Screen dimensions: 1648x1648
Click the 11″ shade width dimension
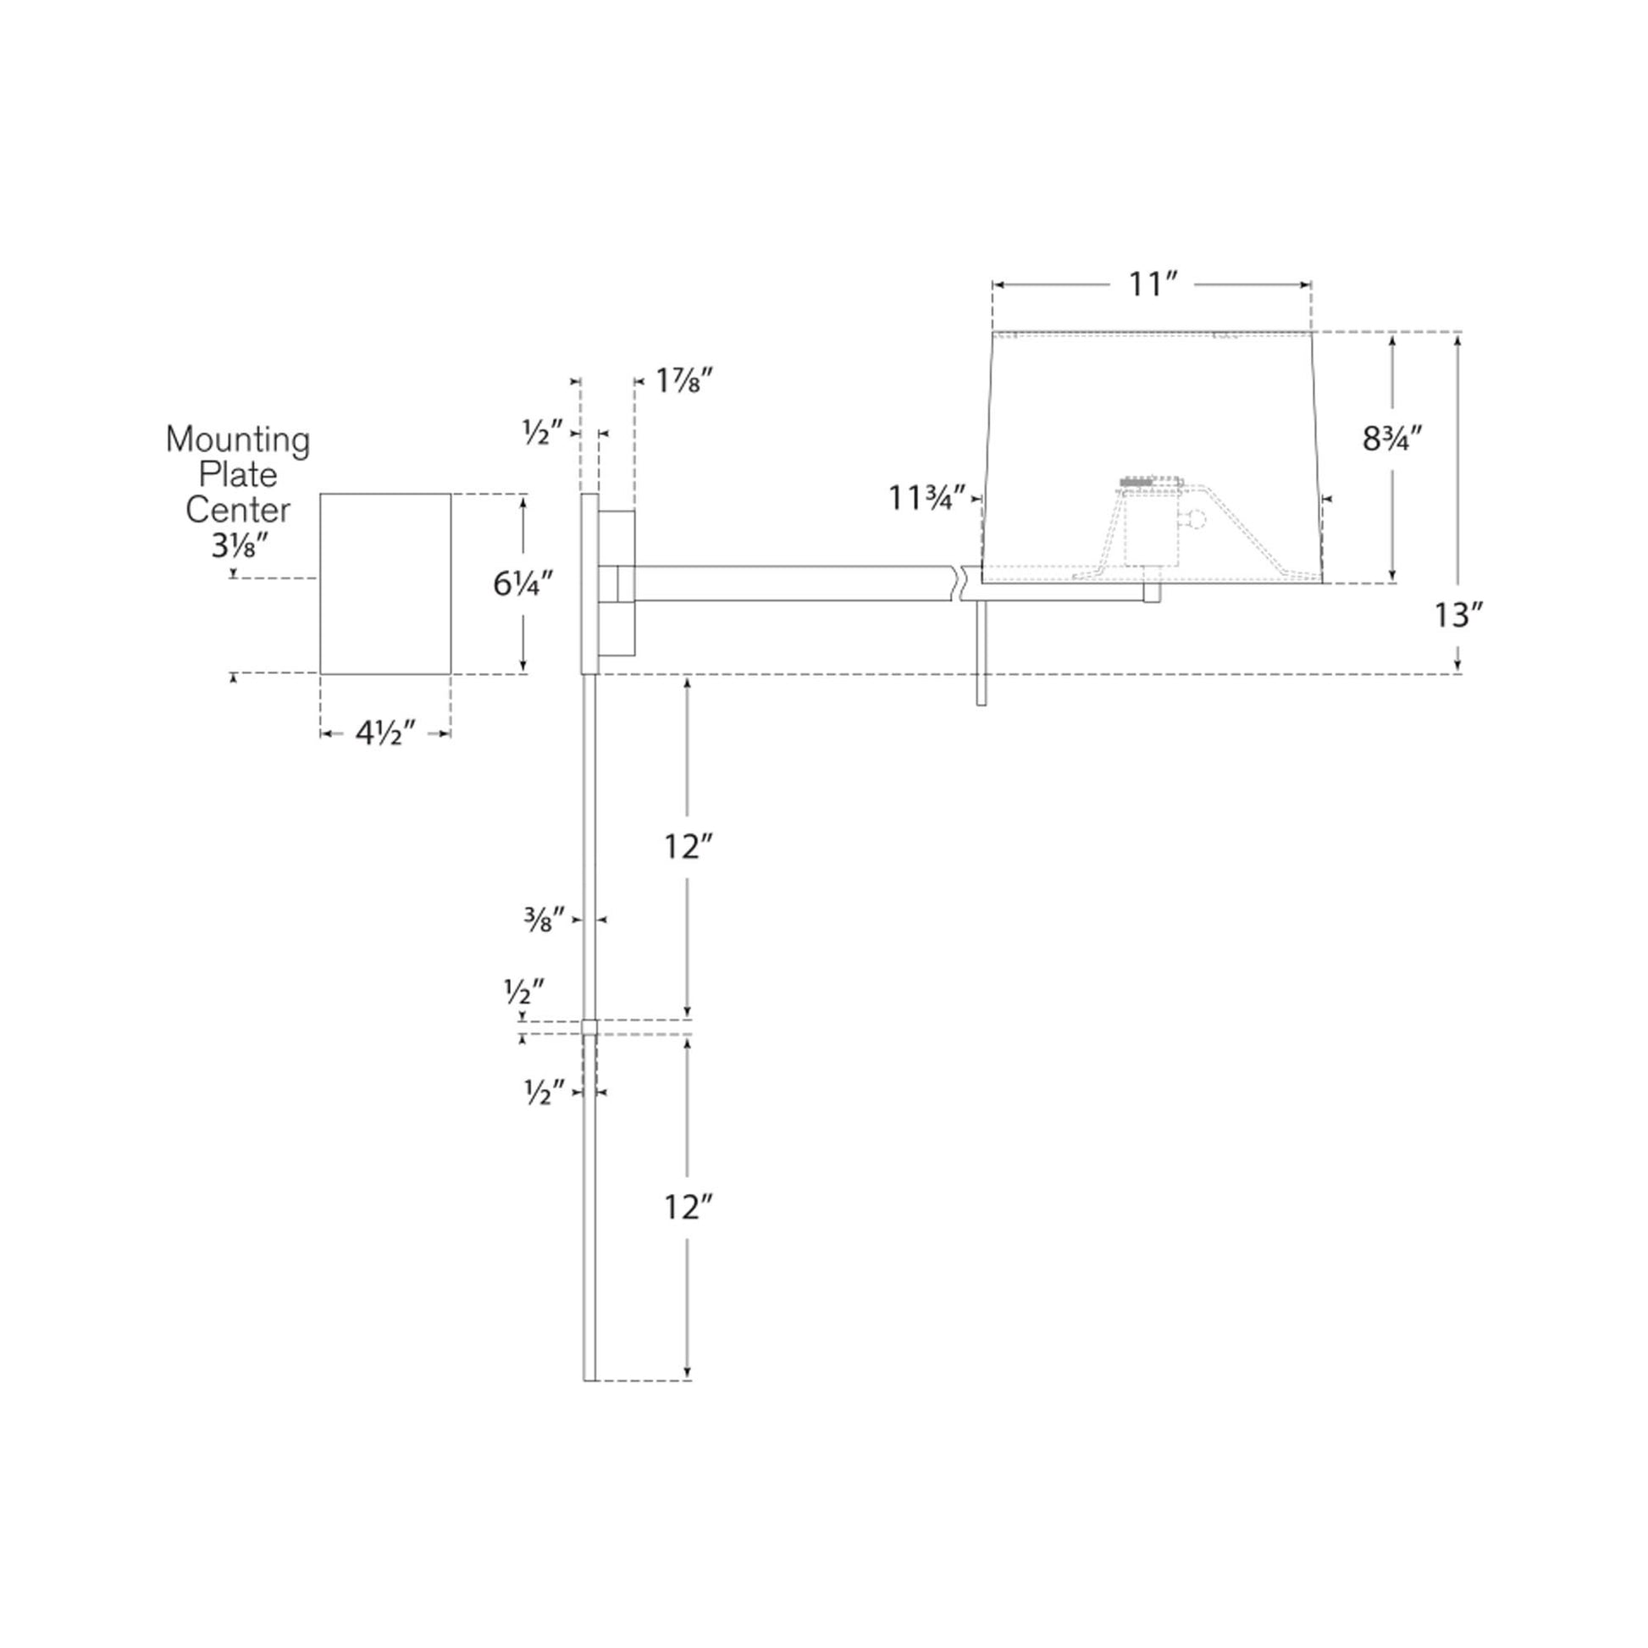pos(1153,285)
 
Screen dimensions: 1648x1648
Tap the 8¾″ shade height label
pos(1392,440)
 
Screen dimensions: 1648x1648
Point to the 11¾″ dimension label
pos(927,497)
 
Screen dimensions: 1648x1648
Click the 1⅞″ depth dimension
pos(683,380)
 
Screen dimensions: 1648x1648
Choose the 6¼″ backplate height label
pos(523,583)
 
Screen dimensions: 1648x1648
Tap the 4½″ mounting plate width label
pos(385,733)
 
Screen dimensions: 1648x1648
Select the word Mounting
pos(237,441)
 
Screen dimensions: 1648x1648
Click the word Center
pos(238,510)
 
